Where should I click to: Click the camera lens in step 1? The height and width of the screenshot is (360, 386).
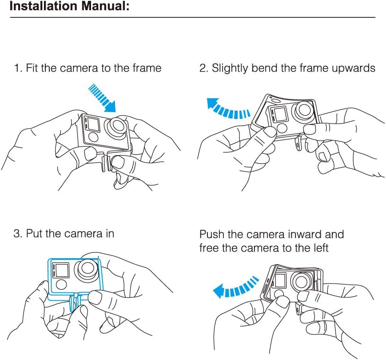118,126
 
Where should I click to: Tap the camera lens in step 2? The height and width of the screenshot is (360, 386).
305,111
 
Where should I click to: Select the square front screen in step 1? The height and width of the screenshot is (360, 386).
92,123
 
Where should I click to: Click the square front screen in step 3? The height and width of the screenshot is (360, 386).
61,270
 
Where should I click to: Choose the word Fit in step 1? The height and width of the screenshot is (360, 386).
32,68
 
